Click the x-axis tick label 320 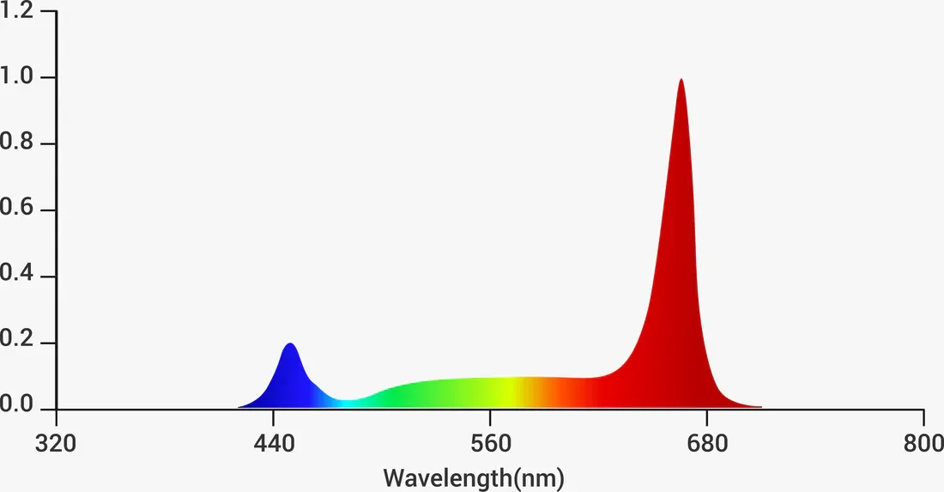[x=57, y=444]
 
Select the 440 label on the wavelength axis [x=273, y=444]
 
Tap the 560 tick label [x=490, y=444]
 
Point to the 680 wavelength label [x=706, y=444]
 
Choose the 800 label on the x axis [x=923, y=444]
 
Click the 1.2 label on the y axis [x=17, y=11]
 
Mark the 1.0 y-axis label [x=17, y=77]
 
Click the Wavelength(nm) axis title [x=474, y=477]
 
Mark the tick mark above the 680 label [x=706, y=416]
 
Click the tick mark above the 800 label [x=923, y=416]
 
